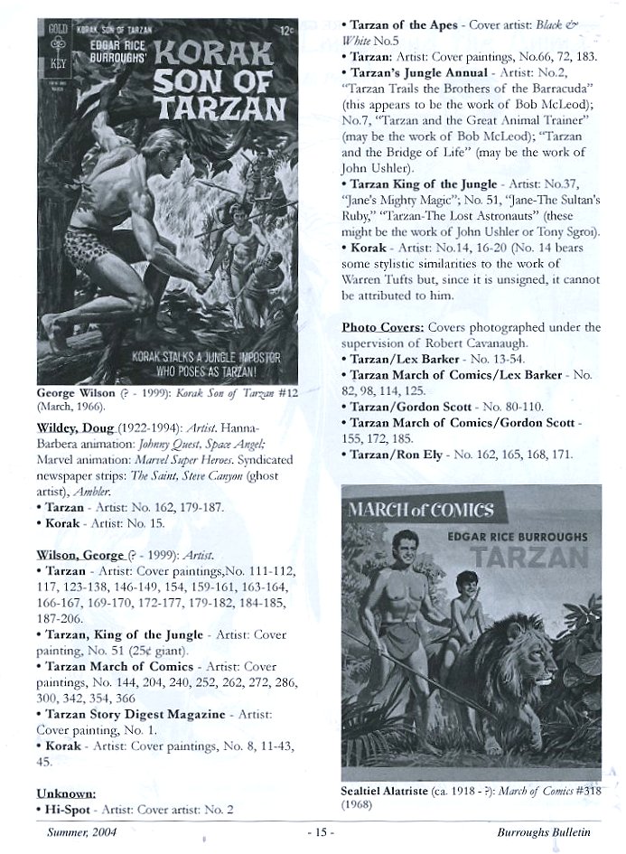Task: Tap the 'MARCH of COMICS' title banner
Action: (x=421, y=510)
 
